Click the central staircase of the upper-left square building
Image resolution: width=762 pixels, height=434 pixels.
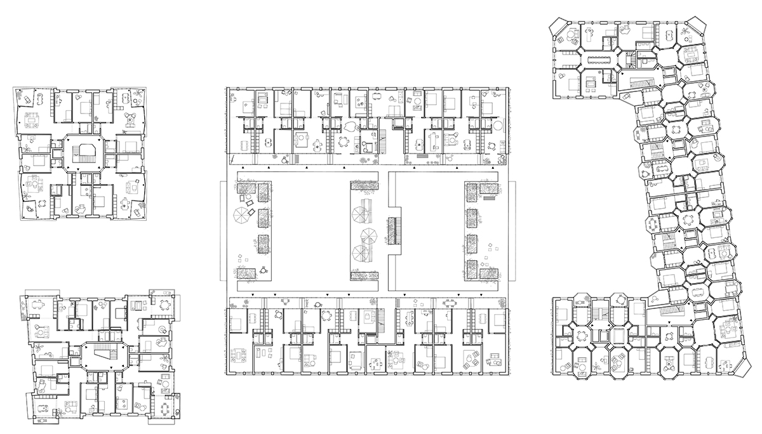[83, 152]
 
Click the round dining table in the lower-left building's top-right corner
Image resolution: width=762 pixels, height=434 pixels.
[166, 303]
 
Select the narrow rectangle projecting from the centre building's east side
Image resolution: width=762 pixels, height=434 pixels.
[512, 230]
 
